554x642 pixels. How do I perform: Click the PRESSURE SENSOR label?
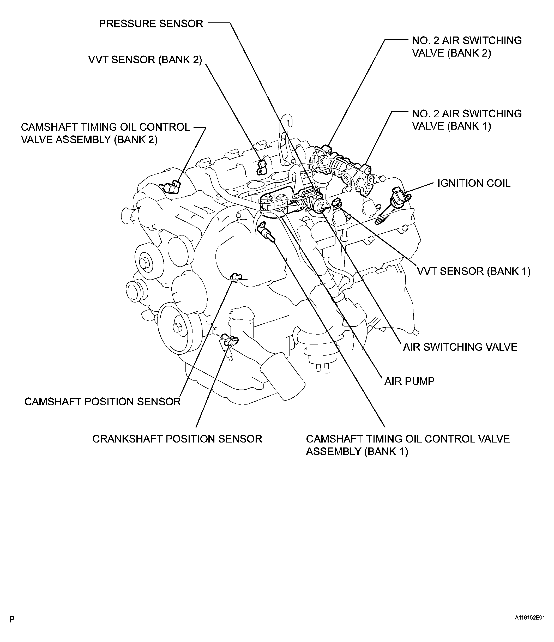(x=151, y=24)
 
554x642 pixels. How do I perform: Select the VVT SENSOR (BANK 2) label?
(x=145, y=60)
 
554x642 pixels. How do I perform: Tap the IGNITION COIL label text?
(x=474, y=183)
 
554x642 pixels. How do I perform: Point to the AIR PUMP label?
(x=409, y=381)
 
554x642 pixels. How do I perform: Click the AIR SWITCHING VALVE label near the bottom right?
(x=460, y=347)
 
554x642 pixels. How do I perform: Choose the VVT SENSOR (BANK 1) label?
(x=474, y=271)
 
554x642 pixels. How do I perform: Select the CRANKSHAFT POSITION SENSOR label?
(x=177, y=439)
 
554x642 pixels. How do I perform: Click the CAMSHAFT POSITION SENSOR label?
(x=103, y=402)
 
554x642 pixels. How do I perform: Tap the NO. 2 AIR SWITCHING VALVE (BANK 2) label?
(x=467, y=47)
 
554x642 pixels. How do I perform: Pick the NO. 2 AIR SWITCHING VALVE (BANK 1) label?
(x=467, y=120)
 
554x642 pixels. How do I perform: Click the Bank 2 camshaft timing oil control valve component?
(x=172, y=187)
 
